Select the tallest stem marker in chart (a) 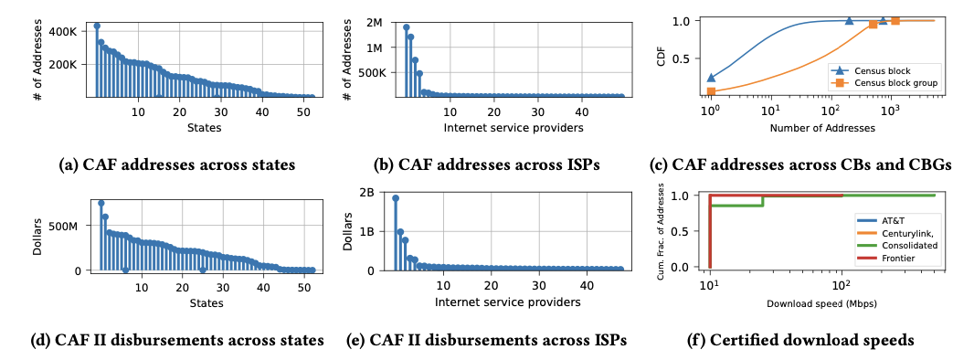click(x=97, y=26)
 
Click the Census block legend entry click(x=885, y=69)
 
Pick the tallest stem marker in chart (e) click(x=396, y=198)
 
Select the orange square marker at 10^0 click(x=711, y=91)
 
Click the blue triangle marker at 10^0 click(x=711, y=78)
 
